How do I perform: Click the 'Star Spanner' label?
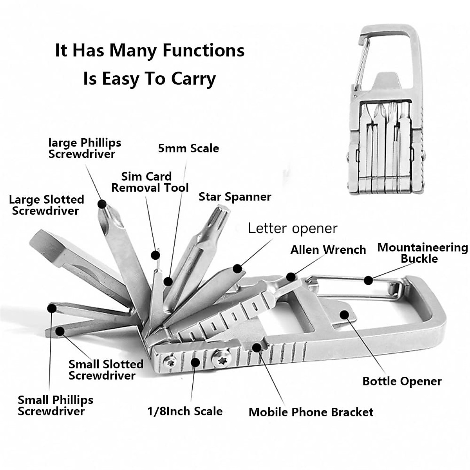(235, 197)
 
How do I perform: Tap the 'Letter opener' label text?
(293, 228)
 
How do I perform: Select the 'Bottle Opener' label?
(402, 381)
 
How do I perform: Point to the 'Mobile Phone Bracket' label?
(311, 412)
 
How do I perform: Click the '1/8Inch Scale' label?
(185, 411)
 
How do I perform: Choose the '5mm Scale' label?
(188, 148)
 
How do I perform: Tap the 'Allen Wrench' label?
(328, 250)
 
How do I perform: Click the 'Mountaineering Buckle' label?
(422, 253)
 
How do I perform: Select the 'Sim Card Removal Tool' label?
(150, 182)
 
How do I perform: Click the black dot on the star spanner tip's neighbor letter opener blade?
(237, 269)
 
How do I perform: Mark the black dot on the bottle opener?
(344, 314)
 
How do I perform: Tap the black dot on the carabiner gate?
(368, 280)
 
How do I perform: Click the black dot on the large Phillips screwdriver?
(102, 204)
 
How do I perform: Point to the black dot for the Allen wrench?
(290, 277)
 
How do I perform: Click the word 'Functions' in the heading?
(203, 51)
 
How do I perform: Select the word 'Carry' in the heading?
(192, 79)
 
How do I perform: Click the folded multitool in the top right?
(386, 114)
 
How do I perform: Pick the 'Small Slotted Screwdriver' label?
(106, 370)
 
